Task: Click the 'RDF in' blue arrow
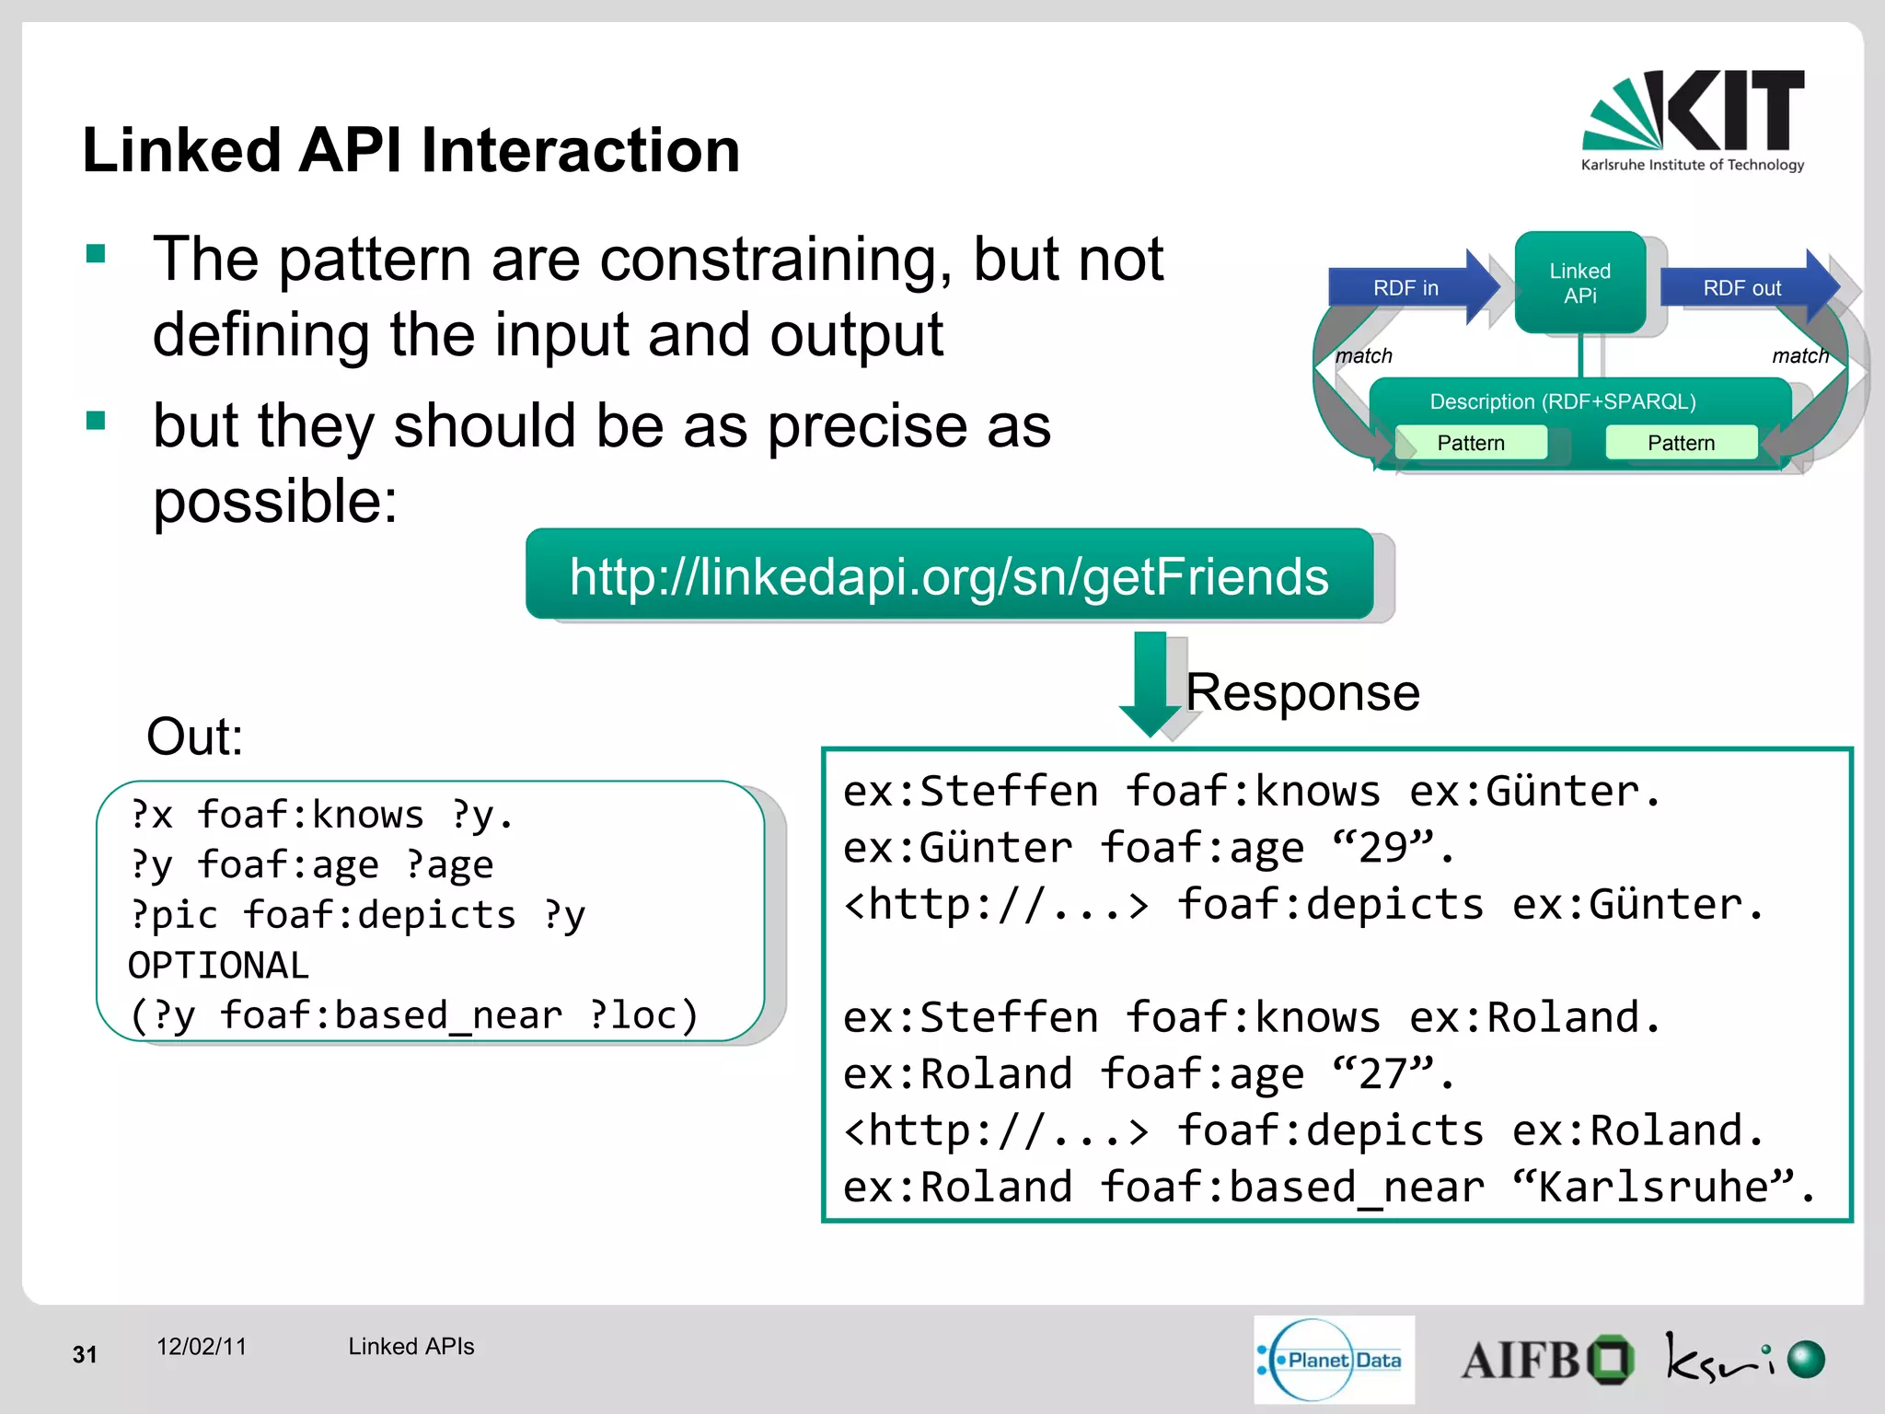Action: pos(1408,288)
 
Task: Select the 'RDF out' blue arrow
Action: pos(1743,288)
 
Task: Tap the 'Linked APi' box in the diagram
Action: pos(1579,283)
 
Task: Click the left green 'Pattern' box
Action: pos(1471,443)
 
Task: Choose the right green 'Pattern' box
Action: pos(1681,443)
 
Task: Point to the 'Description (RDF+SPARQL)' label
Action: pos(1562,401)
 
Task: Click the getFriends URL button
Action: pos(949,576)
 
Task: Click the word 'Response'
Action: pos(1302,692)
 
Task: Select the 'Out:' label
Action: pos(195,736)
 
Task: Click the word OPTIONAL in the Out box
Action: pos(218,966)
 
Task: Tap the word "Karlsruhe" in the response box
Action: pos(1653,1188)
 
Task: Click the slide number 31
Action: pos(85,1354)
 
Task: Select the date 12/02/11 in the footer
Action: pos(202,1347)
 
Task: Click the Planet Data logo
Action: pos(1334,1360)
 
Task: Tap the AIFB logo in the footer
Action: pos(1546,1360)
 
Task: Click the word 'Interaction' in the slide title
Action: pos(580,150)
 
